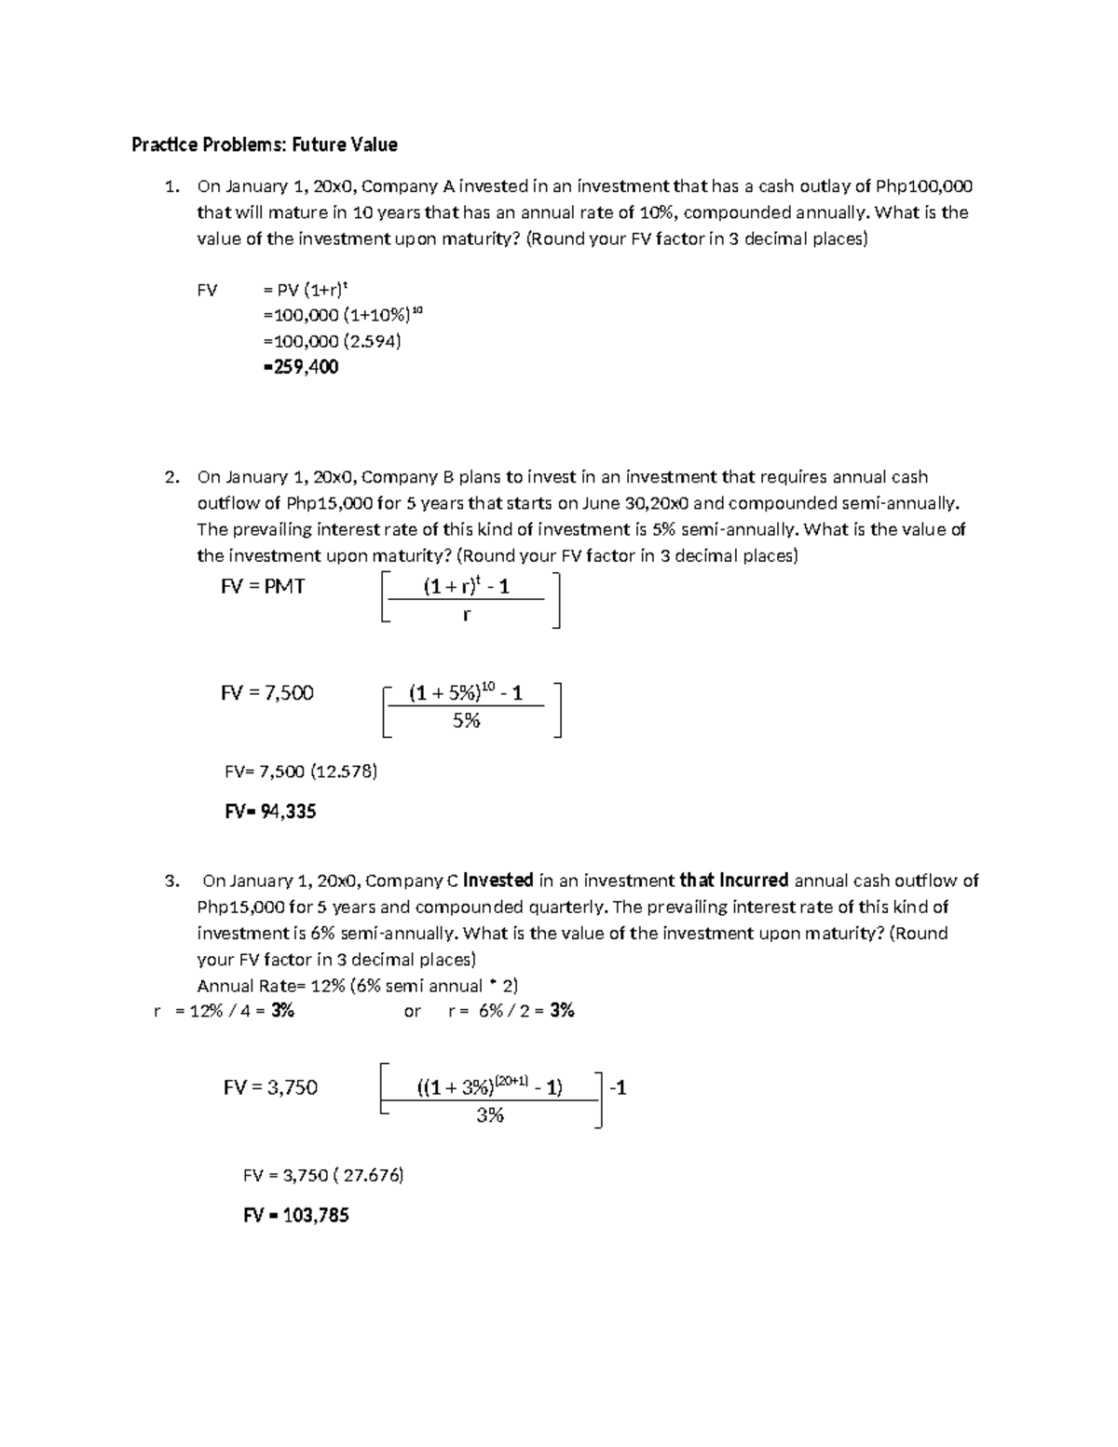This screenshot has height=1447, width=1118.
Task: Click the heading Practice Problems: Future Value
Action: click(x=265, y=144)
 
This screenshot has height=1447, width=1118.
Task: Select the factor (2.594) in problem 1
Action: click(x=371, y=341)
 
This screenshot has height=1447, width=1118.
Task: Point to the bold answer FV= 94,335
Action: click(x=270, y=812)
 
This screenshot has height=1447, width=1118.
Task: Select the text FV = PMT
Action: click(x=263, y=587)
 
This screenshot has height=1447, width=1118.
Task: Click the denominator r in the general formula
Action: click(x=467, y=615)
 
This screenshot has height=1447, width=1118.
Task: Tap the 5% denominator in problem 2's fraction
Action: click(x=466, y=720)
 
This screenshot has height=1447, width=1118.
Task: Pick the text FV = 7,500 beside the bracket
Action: click(x=266, y=693)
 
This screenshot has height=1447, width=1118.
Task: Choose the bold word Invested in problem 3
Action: click(x=498, y=880)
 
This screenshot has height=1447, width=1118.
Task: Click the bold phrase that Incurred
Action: click(x=734, y=880)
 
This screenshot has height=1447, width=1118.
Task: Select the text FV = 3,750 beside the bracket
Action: click(x=270, y=1087)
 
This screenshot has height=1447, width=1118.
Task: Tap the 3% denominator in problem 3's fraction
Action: click(x=490, y=1115)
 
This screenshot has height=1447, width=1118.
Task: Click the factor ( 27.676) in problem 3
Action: click(x=373, y=1176)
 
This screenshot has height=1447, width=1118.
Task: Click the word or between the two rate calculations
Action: click(x=412, y=1011)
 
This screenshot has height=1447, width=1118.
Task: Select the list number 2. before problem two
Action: click(x=171, y=477)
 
